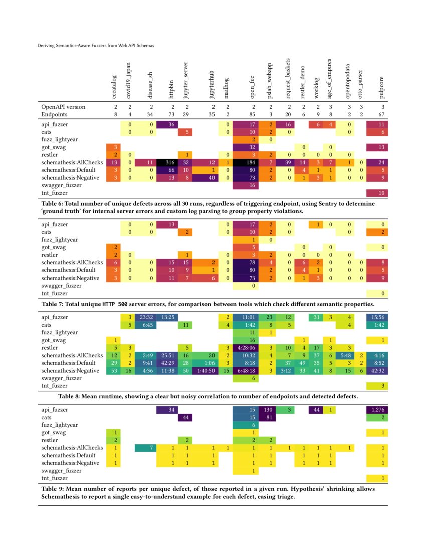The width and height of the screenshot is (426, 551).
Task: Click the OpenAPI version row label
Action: tap(63, 107)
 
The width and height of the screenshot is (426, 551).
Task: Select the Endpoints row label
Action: tap(55, 115)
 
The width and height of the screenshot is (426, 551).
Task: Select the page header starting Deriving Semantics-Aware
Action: tap(96, 46)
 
